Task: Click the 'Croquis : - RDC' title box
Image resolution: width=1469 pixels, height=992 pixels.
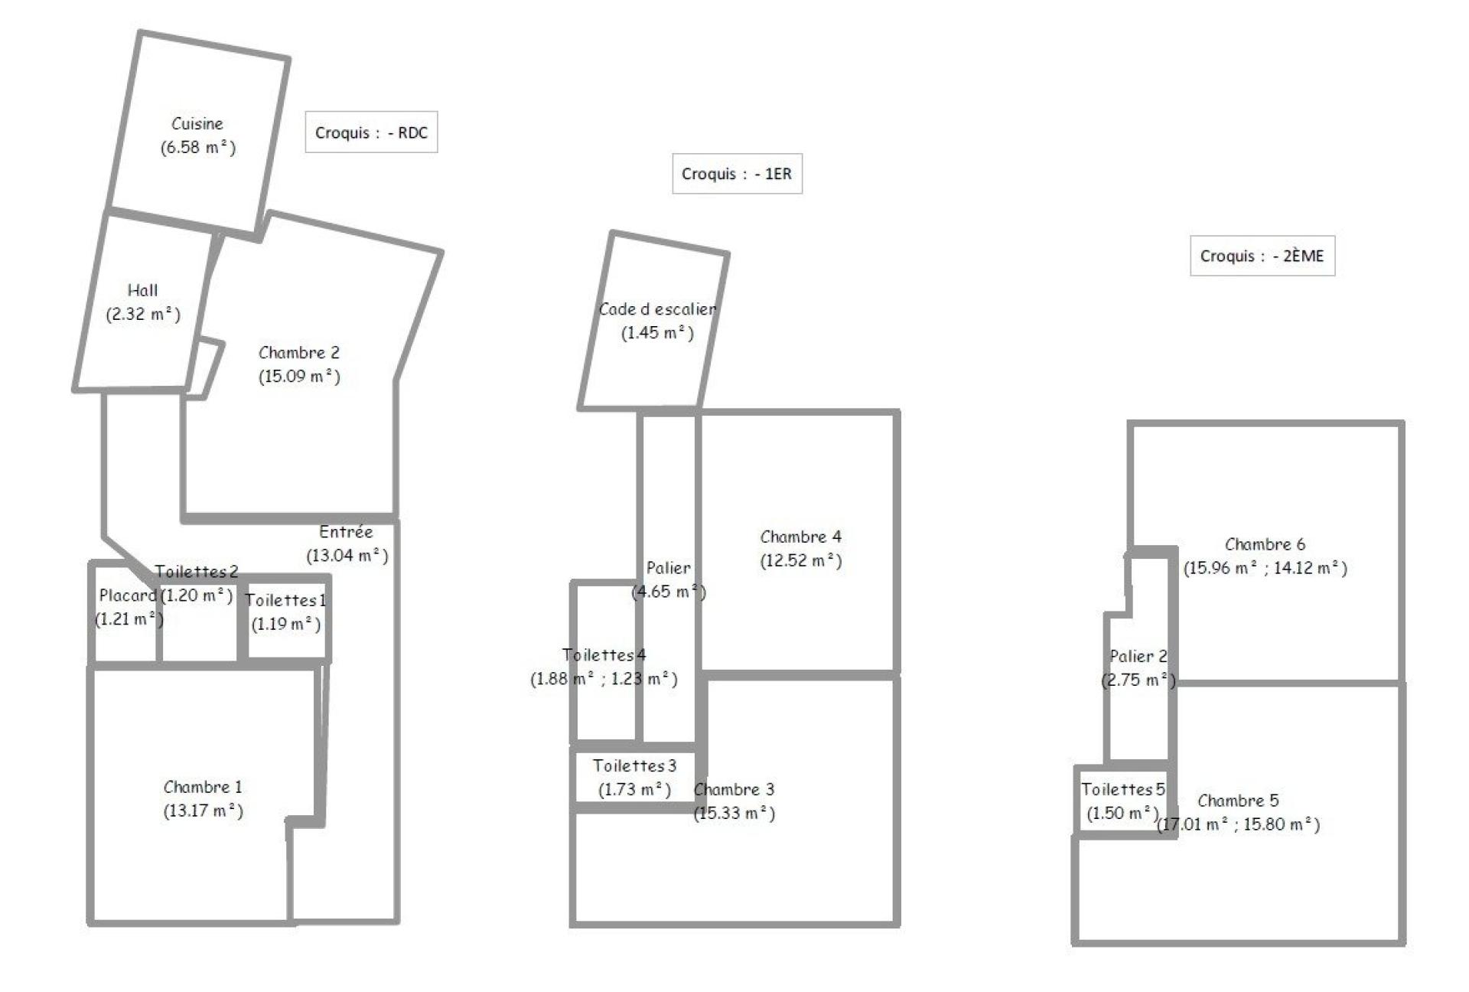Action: (371, 132)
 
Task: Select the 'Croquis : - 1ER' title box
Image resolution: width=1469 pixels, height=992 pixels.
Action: (737, 174)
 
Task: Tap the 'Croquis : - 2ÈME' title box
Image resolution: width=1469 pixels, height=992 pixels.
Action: (1262, 256)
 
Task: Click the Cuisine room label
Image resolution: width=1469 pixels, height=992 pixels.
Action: (197, 123)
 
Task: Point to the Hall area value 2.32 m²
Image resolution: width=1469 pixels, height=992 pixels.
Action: (143, 314)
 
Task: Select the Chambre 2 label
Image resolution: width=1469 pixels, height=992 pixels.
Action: (299, 352)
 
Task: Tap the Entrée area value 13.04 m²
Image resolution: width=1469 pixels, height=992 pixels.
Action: (347, 555)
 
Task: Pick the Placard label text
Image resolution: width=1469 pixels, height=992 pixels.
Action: (128, 595)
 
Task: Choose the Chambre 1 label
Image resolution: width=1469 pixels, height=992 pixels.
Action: (203, 787)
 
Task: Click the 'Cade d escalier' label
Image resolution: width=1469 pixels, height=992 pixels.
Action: (657, 309)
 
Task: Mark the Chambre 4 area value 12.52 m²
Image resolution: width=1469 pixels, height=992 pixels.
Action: (801, 560)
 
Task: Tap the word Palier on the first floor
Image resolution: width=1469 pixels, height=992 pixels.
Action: (669, 568)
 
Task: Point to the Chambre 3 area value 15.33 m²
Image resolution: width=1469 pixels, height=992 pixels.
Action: (734, 813)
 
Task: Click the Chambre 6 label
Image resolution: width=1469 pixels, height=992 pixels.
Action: (1265, 544)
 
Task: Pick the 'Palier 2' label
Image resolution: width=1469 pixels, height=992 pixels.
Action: (1138, 656)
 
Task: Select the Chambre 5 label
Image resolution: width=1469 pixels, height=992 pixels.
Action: (1238, 801)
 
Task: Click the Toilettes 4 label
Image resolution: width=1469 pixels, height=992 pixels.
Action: (604, 654)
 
